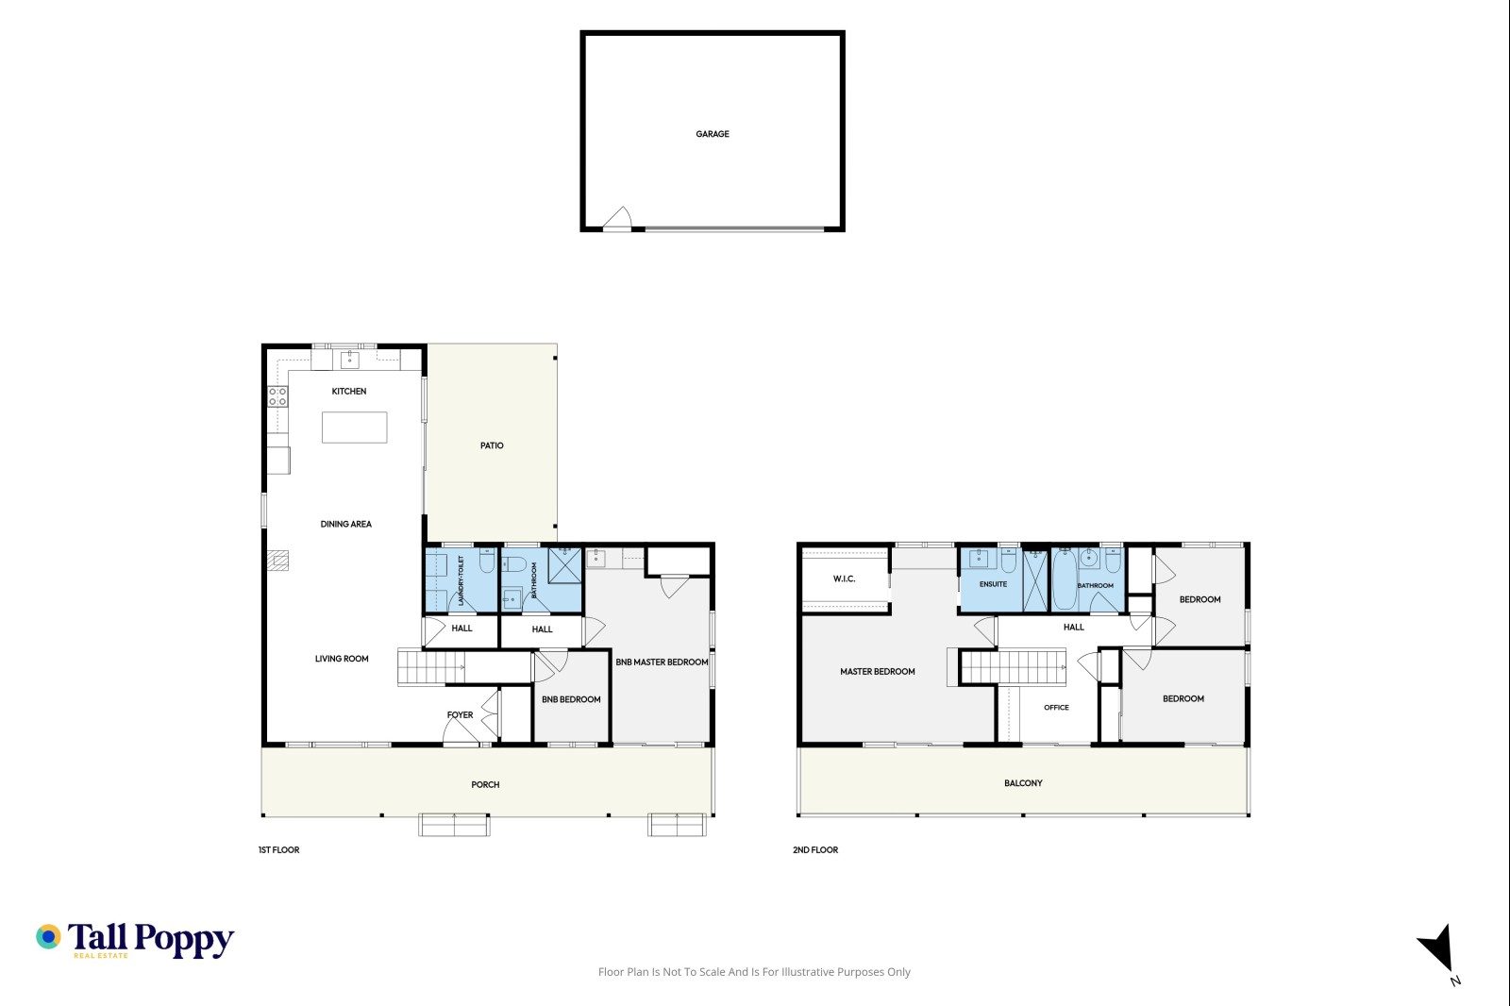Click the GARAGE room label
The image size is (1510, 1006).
pyautogui.click(x=712, y=134)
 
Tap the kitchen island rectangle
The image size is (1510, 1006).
pyautogui.click(x=354, y=428)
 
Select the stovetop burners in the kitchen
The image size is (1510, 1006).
pyautogui.click(x=277, y=396)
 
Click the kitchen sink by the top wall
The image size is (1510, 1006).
pyautogui.click(x=349, y=360)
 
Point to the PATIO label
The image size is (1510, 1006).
pyautogui.click(x=492, y=445)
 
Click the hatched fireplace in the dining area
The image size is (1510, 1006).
pyautogui.click(x=277, y=561)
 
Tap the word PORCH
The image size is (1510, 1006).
pyautogui.click(x=485, y=785)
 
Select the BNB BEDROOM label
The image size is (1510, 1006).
pyautogui.click(x=571, y=699)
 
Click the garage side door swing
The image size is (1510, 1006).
pyautogui.click(x=617, y=218)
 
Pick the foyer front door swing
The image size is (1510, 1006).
pyautogui.click(x=461, y=730)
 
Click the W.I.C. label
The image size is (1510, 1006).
pyautogui.click(x=844, y=578)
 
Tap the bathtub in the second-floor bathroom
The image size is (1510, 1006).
pyautogui.click(x=1064, y=579)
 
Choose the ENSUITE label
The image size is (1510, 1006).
pyautogui.click(x=993, y=584)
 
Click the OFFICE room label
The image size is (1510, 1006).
pyautogui.click(x=1056, y=707)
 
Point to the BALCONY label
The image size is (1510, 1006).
pyautogui.click(x=1023, y=783)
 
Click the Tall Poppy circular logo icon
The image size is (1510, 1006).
pyautogui.click(x=48, y=936)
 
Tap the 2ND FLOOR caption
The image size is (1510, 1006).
pyautogui.click(x=815, y=850)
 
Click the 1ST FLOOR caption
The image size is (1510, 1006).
pyautogui.click(x=279, y=850)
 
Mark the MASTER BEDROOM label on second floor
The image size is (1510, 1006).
pyautogui.click(x=877, y=672)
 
